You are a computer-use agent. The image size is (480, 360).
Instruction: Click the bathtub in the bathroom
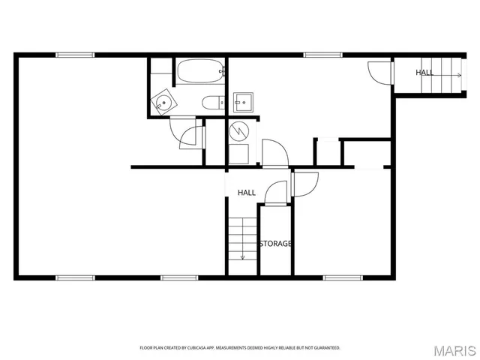coord(199,72)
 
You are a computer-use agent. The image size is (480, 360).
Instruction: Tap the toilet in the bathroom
coord(212,103)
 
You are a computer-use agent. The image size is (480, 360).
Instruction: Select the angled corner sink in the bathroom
coord(162,103)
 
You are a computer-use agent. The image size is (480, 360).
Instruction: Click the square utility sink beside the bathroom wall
coord(243,102)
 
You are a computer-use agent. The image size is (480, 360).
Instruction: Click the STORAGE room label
coord(275,244)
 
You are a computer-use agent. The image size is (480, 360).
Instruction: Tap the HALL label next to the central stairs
coord(247,193)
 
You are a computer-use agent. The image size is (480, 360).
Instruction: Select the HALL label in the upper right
coord(424,73)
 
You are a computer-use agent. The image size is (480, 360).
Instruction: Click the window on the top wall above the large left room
coord(75,55)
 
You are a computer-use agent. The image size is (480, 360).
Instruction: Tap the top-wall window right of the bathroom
coord(322,55)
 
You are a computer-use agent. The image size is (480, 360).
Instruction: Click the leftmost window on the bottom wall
coord(75,277)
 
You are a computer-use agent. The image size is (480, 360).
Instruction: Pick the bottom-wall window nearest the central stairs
coord(179,277)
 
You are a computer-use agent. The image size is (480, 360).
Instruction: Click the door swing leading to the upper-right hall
coord(381,72)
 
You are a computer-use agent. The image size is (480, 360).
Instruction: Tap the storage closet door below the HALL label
coord(275,193)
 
